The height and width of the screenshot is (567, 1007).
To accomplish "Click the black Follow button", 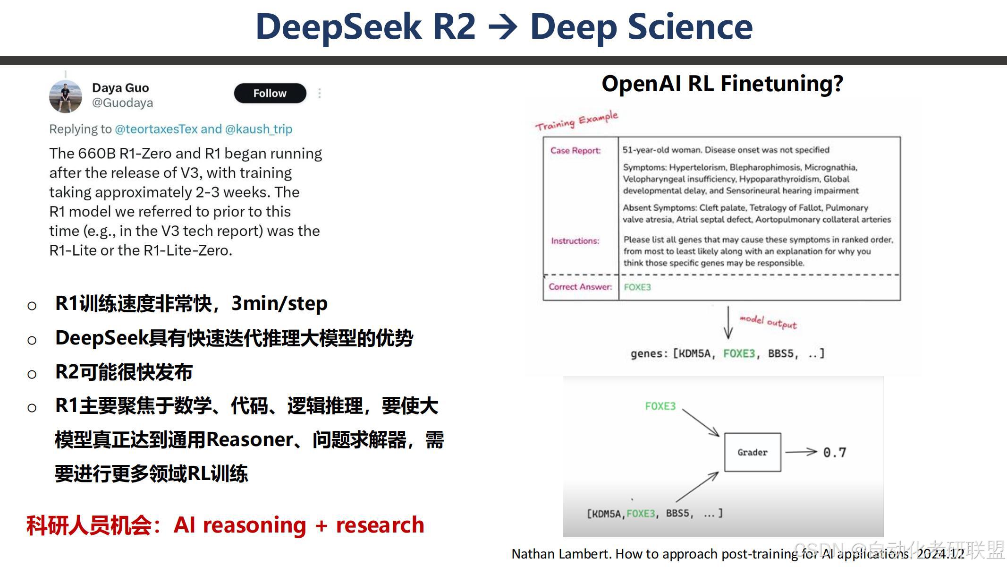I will (270, 93).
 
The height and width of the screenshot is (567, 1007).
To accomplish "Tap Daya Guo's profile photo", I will (66, 96).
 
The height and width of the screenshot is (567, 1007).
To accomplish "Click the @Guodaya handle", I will (122, 103).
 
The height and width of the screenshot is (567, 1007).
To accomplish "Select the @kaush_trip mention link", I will (259, 129).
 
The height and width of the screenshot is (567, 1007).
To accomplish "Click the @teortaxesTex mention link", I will (156, 129).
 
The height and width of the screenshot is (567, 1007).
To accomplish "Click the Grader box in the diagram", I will (752, 452).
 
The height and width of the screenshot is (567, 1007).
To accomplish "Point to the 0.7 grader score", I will (834, 453).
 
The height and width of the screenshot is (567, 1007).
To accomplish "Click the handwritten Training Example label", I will (576, 121).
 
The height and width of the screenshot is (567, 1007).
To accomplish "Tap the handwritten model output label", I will (768, 322).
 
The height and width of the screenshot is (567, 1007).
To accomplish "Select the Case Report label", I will (575, 151).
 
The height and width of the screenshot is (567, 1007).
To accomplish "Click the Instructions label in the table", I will (575, 241).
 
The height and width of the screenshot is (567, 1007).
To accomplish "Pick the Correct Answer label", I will (580, 287).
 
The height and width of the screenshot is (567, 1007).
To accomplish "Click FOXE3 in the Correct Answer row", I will (637, 287).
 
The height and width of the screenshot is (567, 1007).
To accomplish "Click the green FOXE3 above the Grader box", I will (660, 406).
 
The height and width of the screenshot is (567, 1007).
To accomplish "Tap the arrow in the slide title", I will (503, 27).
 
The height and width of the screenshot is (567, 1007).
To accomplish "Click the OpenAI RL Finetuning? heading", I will (722, 84).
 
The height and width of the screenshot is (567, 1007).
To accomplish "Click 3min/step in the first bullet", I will (279, 304).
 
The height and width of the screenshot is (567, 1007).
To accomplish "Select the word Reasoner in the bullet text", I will (250, 440).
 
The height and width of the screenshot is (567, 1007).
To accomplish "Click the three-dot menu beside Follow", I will (320, 93).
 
